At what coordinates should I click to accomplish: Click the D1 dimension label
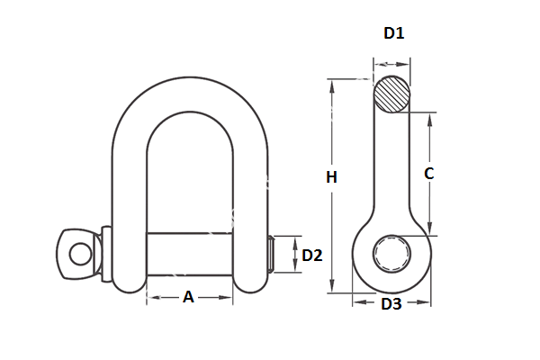pyautogui.click(x=393, y=33)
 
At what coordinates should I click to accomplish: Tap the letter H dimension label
pyautogui.click(x=331, y=178)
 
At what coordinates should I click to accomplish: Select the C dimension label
pyautogui.click(x=429, y=174)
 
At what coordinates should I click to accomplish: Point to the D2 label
pyautogui.click(x=311, y=256)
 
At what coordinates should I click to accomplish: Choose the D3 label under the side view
pyautogui.click(x=391, y=304)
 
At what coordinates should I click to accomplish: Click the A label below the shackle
pyautogui.click(x=188, y=297)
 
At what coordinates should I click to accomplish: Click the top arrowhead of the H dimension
pyautogui.click(x=331, y=85)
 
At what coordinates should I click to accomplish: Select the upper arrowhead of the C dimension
pyautogui.click(x=429, y=117)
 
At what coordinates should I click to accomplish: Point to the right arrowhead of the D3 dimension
pyautogui.click(x=427, y=303)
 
